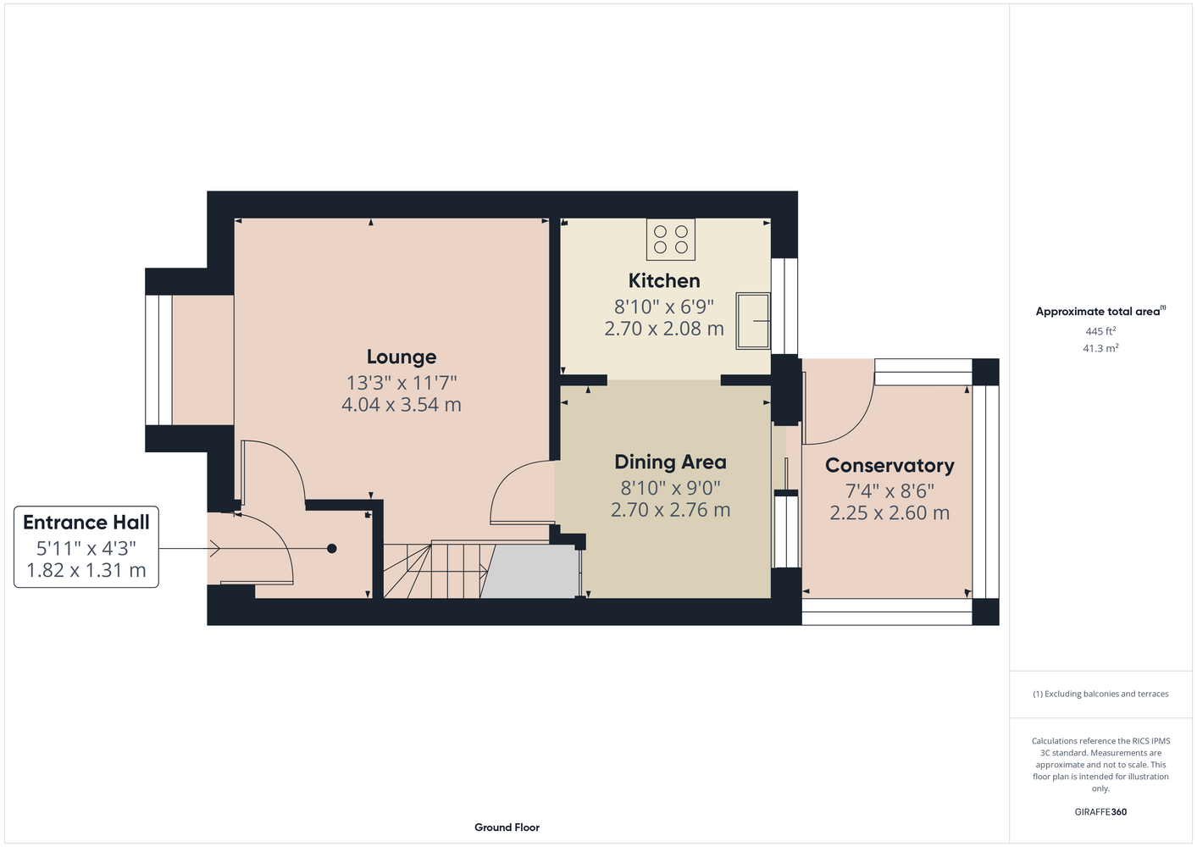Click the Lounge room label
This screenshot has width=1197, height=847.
(402, 357)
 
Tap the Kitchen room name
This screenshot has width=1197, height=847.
(663, 280)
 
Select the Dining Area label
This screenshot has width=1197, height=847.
(670, 462)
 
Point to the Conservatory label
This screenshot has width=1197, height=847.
(889, 466)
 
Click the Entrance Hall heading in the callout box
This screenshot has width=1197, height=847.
(86, 522)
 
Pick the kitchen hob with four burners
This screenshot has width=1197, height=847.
(671, 240)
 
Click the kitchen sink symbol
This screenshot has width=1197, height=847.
(753, 321)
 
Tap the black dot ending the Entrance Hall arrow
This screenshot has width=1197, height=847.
(332, 548)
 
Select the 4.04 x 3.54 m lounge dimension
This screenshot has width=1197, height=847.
(402, 405)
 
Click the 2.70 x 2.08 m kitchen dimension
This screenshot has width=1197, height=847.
(663, 329)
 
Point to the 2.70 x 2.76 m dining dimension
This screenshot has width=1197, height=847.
(670, 510)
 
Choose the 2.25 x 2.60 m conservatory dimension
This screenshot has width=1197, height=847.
(889, 513)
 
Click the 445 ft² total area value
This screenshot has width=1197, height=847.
(1100, 331)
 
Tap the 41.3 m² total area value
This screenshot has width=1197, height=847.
(1100, 348)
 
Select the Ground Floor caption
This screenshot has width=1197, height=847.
(507, 828)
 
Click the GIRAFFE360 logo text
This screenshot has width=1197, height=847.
(1100, 811)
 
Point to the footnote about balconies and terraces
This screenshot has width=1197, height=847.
(1100, 694)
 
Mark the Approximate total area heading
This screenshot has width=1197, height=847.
(1100, 311)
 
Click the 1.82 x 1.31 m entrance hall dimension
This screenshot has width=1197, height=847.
(86, 570)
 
